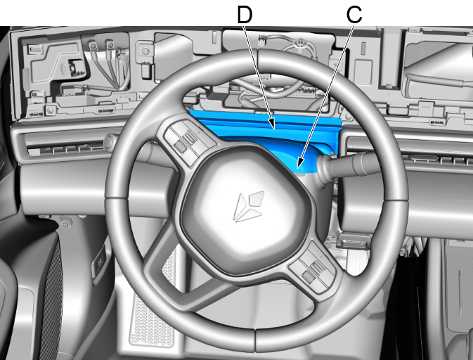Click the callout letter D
point(245,15)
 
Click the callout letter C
point(354,15)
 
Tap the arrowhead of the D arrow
point(273,124)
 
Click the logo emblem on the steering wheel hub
point(249,207)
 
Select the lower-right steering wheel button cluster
point(313,267)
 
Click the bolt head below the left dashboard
point(65,224)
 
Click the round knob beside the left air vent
point(110,141)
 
